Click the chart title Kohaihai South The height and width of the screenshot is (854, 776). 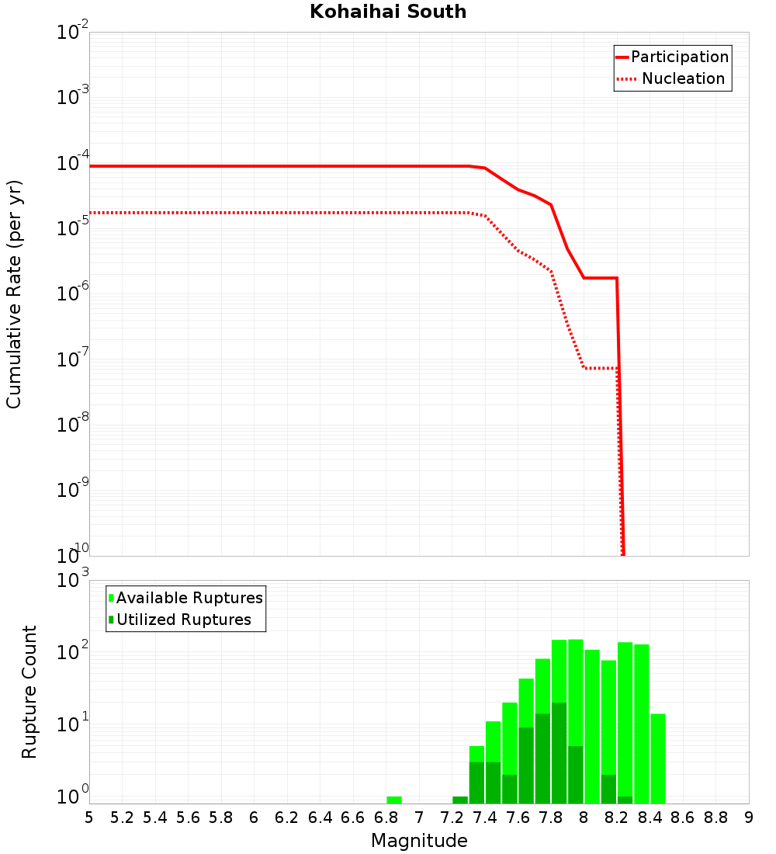(388, 12)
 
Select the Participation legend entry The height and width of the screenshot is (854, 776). (679, 57)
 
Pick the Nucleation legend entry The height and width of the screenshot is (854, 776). (683, 78)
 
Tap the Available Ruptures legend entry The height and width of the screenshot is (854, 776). (189, 598)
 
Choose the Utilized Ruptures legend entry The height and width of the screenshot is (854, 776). (183, 620)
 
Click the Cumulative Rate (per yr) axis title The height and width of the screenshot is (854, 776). (14, 294)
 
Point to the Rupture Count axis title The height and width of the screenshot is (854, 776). (29, 692)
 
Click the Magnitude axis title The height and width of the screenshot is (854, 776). (419, 841)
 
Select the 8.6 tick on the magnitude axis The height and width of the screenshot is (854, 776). (683, 818)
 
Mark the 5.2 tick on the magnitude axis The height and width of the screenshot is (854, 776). (122, 818)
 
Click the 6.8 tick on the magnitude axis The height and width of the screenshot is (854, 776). (386, 818)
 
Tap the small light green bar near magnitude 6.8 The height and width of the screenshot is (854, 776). (394, 800)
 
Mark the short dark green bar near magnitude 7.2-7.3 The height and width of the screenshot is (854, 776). (460, 800)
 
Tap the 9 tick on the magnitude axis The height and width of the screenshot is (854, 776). (749, 818)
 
